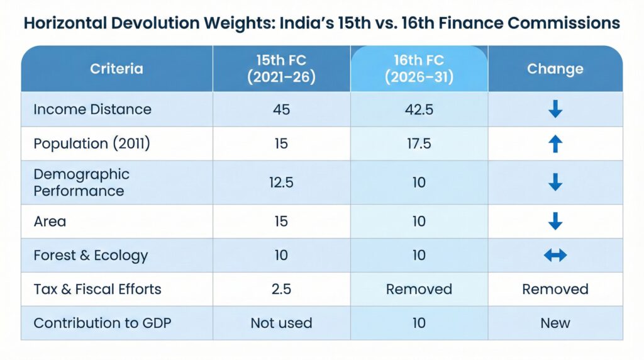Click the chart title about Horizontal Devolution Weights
(322, 23)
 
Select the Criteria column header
(116, 69)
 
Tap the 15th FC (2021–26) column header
(281, 69)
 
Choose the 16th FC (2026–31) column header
(419, 69)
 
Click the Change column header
(555, 69)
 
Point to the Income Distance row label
(92, 109)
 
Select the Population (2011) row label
(92, 143)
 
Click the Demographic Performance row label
(81, 182)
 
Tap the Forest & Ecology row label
(91, 255)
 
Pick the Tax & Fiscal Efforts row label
(97, 289)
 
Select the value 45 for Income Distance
(281, 109)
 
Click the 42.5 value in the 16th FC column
(419, 109)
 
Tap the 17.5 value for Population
(419, 143)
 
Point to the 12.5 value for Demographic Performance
(281, 182)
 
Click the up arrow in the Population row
(555, 143)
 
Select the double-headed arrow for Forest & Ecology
(555, 255)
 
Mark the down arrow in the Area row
(555, 221)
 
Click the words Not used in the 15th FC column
(281, 323)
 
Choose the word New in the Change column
(555, 323)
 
